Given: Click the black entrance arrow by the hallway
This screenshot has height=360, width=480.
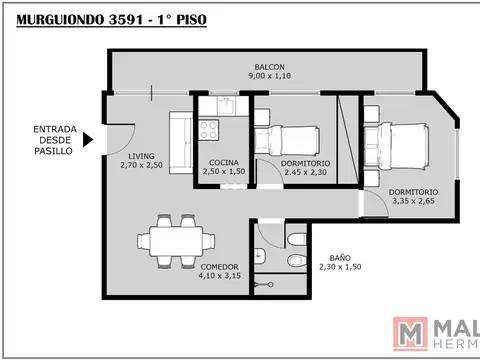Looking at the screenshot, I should click(x=89, y=139).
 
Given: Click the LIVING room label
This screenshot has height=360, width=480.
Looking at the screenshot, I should click(x=140, y=155).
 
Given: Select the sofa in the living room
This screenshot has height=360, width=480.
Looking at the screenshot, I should click(x=181, y=141).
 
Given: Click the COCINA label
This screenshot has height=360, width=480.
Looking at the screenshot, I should click(x=223, y=163).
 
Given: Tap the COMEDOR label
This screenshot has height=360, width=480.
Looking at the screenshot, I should click(x=218, y=267).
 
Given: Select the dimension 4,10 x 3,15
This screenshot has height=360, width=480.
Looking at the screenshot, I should click(x=218, y=277).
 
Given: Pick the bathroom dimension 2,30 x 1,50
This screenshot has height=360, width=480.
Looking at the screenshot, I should click(x=340, y=268).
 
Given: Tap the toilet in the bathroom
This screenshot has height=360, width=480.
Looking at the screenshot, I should click(x=295, y=260).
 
